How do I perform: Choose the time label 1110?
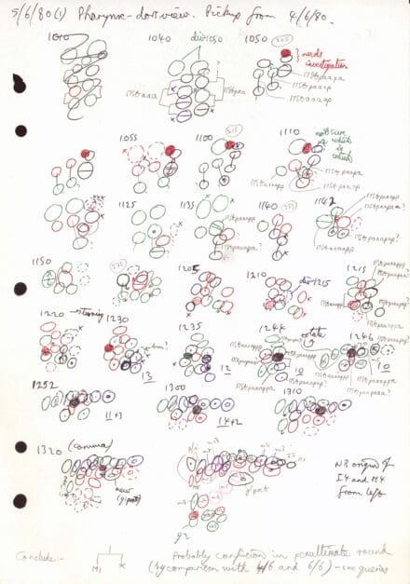pos(287,136)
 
